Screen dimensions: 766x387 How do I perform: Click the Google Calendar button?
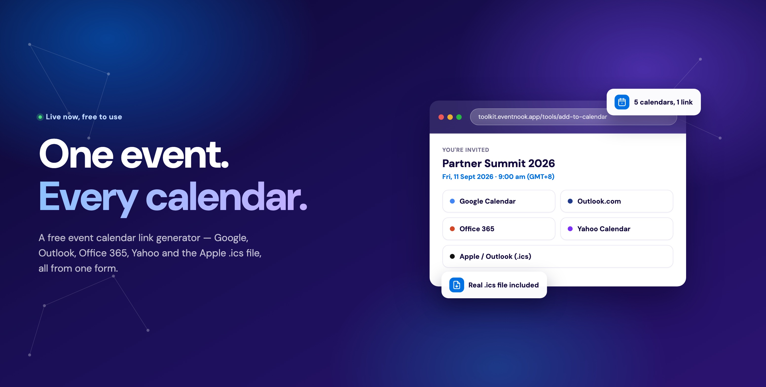[x=499, y=201]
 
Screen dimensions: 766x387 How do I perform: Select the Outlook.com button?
[x=617, y=201]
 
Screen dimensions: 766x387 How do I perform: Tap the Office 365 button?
[x=499, y=229]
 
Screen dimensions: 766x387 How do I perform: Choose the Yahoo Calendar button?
[x=617, y=229]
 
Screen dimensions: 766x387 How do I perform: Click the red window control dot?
[x=441, y=117]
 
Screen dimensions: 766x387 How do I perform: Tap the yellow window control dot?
[x=450, y=117]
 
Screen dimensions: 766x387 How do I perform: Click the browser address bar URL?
[x=542, y=117]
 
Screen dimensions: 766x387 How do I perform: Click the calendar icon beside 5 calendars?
[x=622, y=102]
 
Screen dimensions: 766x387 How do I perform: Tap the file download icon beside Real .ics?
[x=457, y=285]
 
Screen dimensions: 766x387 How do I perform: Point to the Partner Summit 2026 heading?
[x=498, y=163]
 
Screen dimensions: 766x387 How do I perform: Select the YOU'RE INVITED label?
[x=466, y=150]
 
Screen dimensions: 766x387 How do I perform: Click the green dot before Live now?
[x=40, y=117]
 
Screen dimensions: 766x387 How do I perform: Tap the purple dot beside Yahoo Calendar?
[x=570, y=229]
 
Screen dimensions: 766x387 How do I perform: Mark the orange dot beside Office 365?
[x=452, y=229]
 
